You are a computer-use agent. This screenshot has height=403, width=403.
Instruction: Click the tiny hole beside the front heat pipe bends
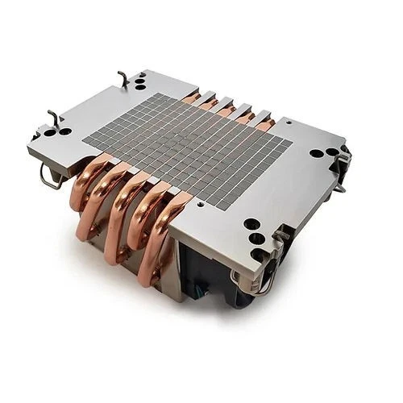click(x=199, y=204)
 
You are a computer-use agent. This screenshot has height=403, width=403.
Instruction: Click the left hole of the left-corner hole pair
click(x=50, y=133)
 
